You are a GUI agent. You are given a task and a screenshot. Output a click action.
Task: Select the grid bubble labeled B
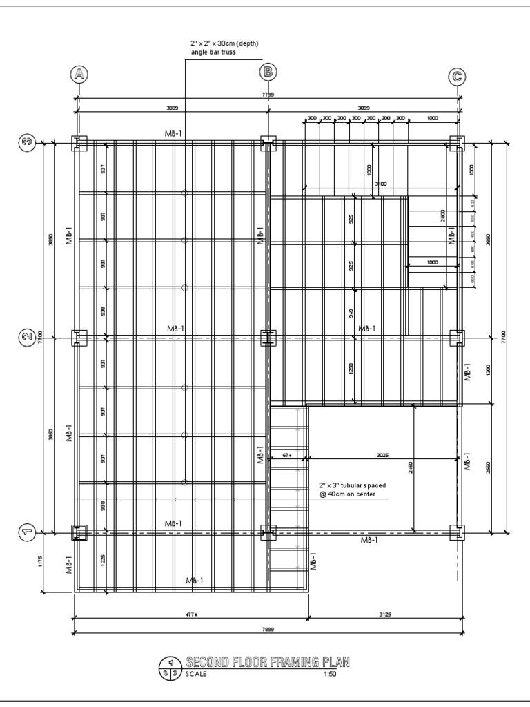tap(268, 72)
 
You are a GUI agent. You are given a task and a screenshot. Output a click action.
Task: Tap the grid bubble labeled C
tap(457, 77)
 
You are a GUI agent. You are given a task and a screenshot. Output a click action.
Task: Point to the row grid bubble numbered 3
tap(27, 143)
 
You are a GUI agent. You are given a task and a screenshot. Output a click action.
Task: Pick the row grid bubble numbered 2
tap(27, 337)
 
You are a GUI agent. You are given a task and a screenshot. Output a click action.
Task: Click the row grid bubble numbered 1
tap(27, 532)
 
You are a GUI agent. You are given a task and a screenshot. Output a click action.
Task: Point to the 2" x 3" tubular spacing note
tap(353, 490)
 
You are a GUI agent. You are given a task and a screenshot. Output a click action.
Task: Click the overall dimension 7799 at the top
tap(268, 94)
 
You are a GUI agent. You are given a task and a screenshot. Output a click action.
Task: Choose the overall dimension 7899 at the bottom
tap(268, 630)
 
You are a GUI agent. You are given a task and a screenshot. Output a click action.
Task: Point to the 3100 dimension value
tap(380, 184)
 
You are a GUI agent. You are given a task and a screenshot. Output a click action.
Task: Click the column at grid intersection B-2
tap(268, 338)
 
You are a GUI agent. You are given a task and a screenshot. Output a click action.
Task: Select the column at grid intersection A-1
tap(80, 532)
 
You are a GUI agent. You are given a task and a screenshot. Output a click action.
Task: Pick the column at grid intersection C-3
tap(457, 144)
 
